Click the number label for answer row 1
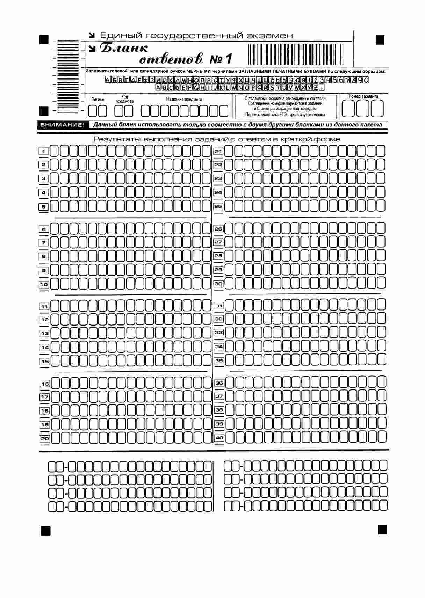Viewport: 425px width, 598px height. pyautogui.click(x=44, y=152)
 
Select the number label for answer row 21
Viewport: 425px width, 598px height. pyautogui.click(x=218, y=152)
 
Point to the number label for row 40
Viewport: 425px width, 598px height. pyautogui.click(x=219, y=438)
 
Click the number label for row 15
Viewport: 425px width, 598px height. pyautogui.click(x=44, y=362)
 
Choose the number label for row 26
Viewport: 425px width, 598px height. pyautogui.click(x=218, y=229)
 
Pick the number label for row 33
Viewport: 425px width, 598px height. pyautogui.click(x=219, y=333)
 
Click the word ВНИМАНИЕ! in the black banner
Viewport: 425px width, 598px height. pyautogui.click(x=62, y=125)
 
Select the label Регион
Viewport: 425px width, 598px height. pyautogui.click(x=98, y=100)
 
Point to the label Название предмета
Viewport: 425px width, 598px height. pyautogui.click(x=184, y=99)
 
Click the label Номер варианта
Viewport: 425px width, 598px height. pyautogui.click(x=363, y=96)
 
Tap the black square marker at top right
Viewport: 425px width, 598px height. pyautogui.click(x=380, y=40)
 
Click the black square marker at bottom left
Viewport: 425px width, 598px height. pyautogui.click(x=46, y=531)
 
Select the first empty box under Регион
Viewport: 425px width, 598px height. pyautogui.click(x=93, y=111)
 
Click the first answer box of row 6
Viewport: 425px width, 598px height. pyautogui.click(x=55, y=229)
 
